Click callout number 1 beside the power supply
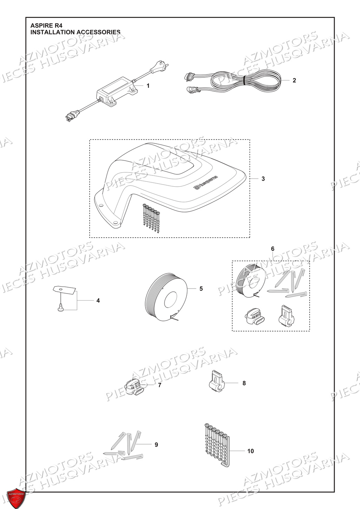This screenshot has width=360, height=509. (x=148, y=86)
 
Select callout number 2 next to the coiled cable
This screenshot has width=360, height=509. (x=294, y=80)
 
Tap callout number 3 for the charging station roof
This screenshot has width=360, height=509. (x=263, y=179)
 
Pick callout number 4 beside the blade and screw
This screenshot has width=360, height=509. (x=98, y=301)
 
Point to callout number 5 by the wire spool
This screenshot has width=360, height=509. (x=201, y=289)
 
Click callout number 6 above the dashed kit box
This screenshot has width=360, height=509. (x=272, y=249)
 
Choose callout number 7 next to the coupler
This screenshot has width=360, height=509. (x=160, y=385)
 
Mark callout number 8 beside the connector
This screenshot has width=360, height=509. (x=244, y=383)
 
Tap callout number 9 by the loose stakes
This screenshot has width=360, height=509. (x=156, y=445)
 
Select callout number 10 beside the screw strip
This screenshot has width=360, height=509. (x=250, y=451)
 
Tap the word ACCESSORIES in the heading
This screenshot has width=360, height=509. (x=98, y=32)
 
